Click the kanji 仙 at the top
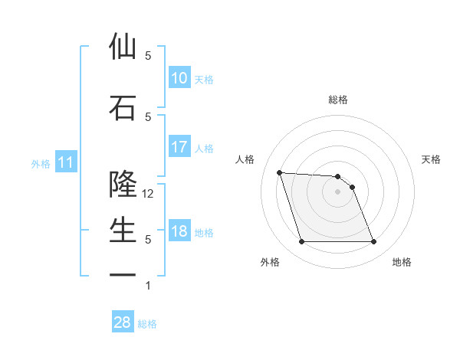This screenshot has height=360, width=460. point(123,47)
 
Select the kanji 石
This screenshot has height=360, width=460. point(123,106)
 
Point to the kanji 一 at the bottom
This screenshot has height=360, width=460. point(123,273)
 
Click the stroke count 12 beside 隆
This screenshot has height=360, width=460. point(149,194)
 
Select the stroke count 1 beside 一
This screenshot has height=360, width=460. point(148,286)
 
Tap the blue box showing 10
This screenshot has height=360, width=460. point(179,78)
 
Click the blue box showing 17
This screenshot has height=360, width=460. point(179,147)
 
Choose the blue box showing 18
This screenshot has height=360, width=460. point(179,231)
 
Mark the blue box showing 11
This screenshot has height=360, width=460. point(65,162)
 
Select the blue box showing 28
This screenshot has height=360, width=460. point(123,322)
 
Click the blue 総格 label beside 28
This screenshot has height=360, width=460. point(147,324)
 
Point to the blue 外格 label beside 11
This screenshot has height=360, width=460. point(41,163)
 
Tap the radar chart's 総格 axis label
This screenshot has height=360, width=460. point(338,100)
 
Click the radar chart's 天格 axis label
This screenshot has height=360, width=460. point(432,159)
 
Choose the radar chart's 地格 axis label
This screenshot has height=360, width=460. point(402,262)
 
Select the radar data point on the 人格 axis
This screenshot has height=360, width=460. point(280,172)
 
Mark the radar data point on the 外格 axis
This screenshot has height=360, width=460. point(301,242)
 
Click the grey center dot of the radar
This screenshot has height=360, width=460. point(338,191)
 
